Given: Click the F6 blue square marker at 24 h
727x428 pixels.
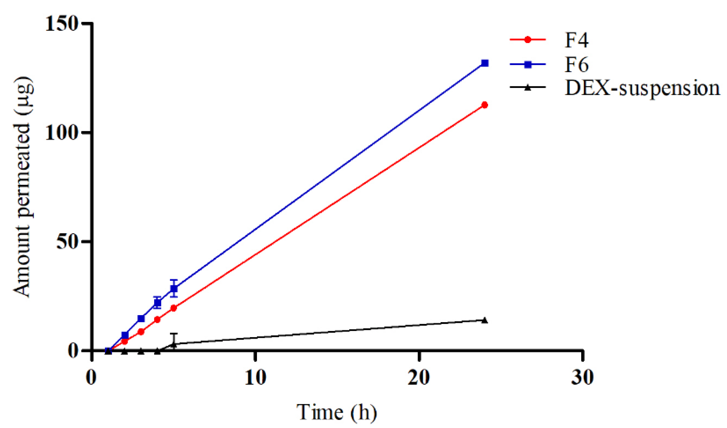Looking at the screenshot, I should click(x=485, y=63).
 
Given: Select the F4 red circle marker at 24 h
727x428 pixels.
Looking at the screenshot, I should click(x=485, y=105).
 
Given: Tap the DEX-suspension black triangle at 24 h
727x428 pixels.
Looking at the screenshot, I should click(x=485, y=320).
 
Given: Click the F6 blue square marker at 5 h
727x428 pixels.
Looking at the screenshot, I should click(x=174, y=288).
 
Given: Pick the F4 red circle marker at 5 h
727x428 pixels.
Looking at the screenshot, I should click(x=174, y=308).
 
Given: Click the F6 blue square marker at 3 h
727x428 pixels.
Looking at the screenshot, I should click(x=141, y=319).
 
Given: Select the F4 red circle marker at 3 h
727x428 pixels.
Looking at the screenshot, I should click(x=141, y=332).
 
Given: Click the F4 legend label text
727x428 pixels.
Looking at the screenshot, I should click(x=576, y=40).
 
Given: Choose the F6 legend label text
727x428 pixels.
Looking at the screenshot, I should click(x=576, y=64).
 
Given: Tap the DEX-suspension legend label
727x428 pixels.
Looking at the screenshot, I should click(x=642, y=88).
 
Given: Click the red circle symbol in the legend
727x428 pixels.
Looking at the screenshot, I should click(x=528, y=40).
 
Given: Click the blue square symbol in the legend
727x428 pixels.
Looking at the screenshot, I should click(x=528, y=64).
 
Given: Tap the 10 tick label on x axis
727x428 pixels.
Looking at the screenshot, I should click(x=255, y=377).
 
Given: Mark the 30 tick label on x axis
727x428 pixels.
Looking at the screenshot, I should click(x=582, y=377).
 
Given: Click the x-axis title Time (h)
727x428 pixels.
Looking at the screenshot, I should click(x=337, y=412).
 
